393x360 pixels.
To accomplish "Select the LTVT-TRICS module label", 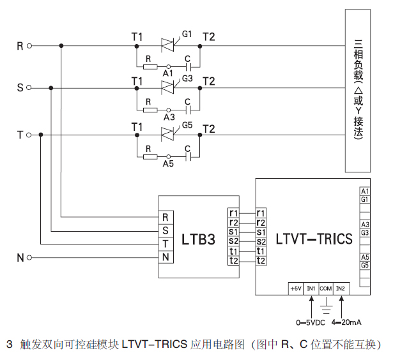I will [314, 239].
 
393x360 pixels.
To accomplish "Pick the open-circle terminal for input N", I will [29, 258].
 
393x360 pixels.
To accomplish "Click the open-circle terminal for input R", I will [29, 46].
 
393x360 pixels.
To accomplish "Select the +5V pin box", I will [296, 289].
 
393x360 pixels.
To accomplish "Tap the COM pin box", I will [326, 289].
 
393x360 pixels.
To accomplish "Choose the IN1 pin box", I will [311, 289].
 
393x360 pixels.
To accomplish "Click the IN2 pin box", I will [341, 289].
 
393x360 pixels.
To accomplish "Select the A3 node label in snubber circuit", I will [169, 117].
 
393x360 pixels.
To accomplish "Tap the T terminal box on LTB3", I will [166, 243].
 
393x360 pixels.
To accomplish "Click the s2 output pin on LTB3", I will [233, 241].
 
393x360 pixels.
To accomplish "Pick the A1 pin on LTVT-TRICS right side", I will [365, 191].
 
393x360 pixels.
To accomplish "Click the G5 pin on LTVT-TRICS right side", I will [365, 265].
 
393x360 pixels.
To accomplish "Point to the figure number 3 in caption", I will [9, 344].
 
